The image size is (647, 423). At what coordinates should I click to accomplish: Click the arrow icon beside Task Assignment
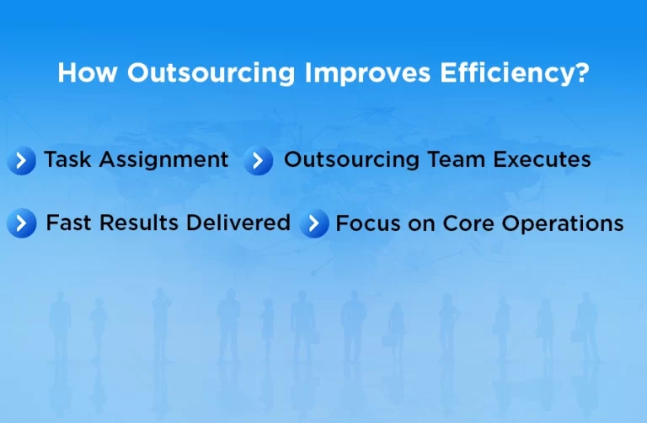point(21,160)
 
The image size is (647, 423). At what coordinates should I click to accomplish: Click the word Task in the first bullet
point(67,159)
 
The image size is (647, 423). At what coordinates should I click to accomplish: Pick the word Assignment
point(163,159)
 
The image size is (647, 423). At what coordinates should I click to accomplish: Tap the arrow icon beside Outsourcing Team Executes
point(259,160)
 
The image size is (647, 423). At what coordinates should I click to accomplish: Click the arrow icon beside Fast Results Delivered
point(22,223)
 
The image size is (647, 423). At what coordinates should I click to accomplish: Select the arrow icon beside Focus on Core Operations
point(314,224)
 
